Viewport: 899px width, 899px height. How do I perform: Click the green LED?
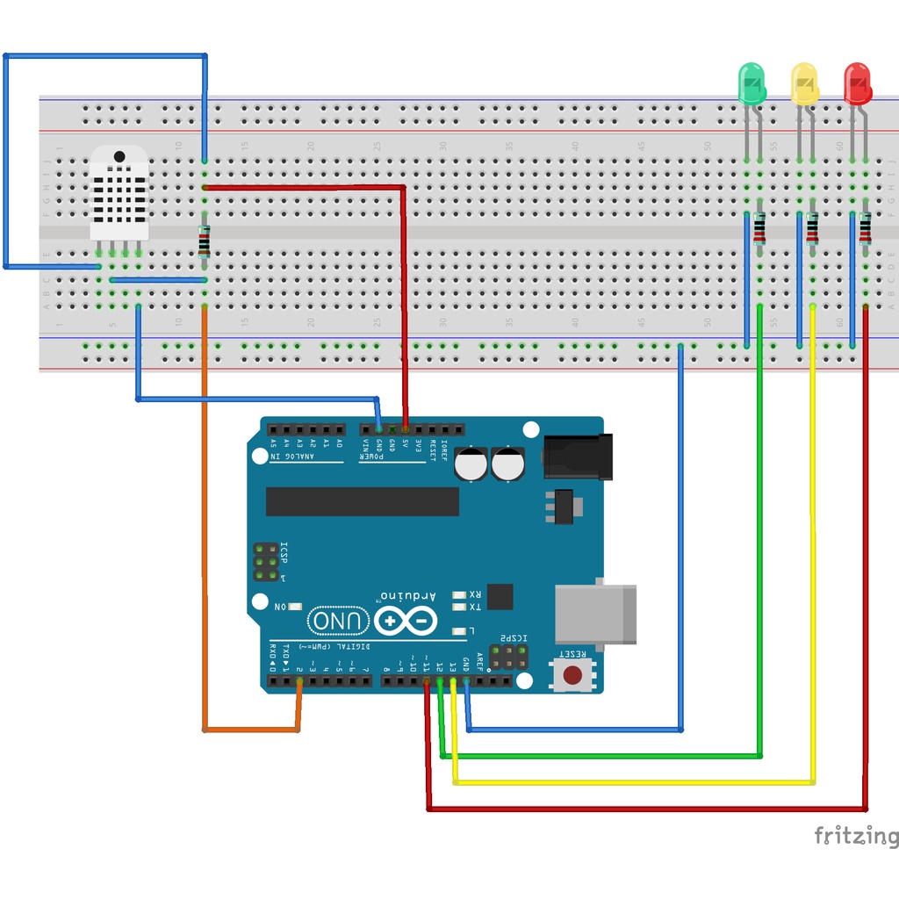[x=752, y=83]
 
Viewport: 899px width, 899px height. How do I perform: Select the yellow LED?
[x=804, y=84]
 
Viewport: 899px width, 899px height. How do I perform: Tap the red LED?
[x=857, y=84]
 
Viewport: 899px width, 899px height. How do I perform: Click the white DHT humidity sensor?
[x=119, y=193]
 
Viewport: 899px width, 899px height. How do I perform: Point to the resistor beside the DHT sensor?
[x=205, y=241]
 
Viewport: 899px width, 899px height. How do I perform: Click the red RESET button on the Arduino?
[x=572, y=675]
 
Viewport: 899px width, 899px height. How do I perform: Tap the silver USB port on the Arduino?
[x=595, y=613]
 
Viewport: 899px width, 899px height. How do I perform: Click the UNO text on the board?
[x=338, y=622]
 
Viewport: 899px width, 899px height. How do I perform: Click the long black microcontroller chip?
[x=362, y=501]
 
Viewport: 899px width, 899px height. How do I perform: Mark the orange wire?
[x=205, y=527]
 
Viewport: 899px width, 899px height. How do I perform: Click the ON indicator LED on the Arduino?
[x=294, y=607]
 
